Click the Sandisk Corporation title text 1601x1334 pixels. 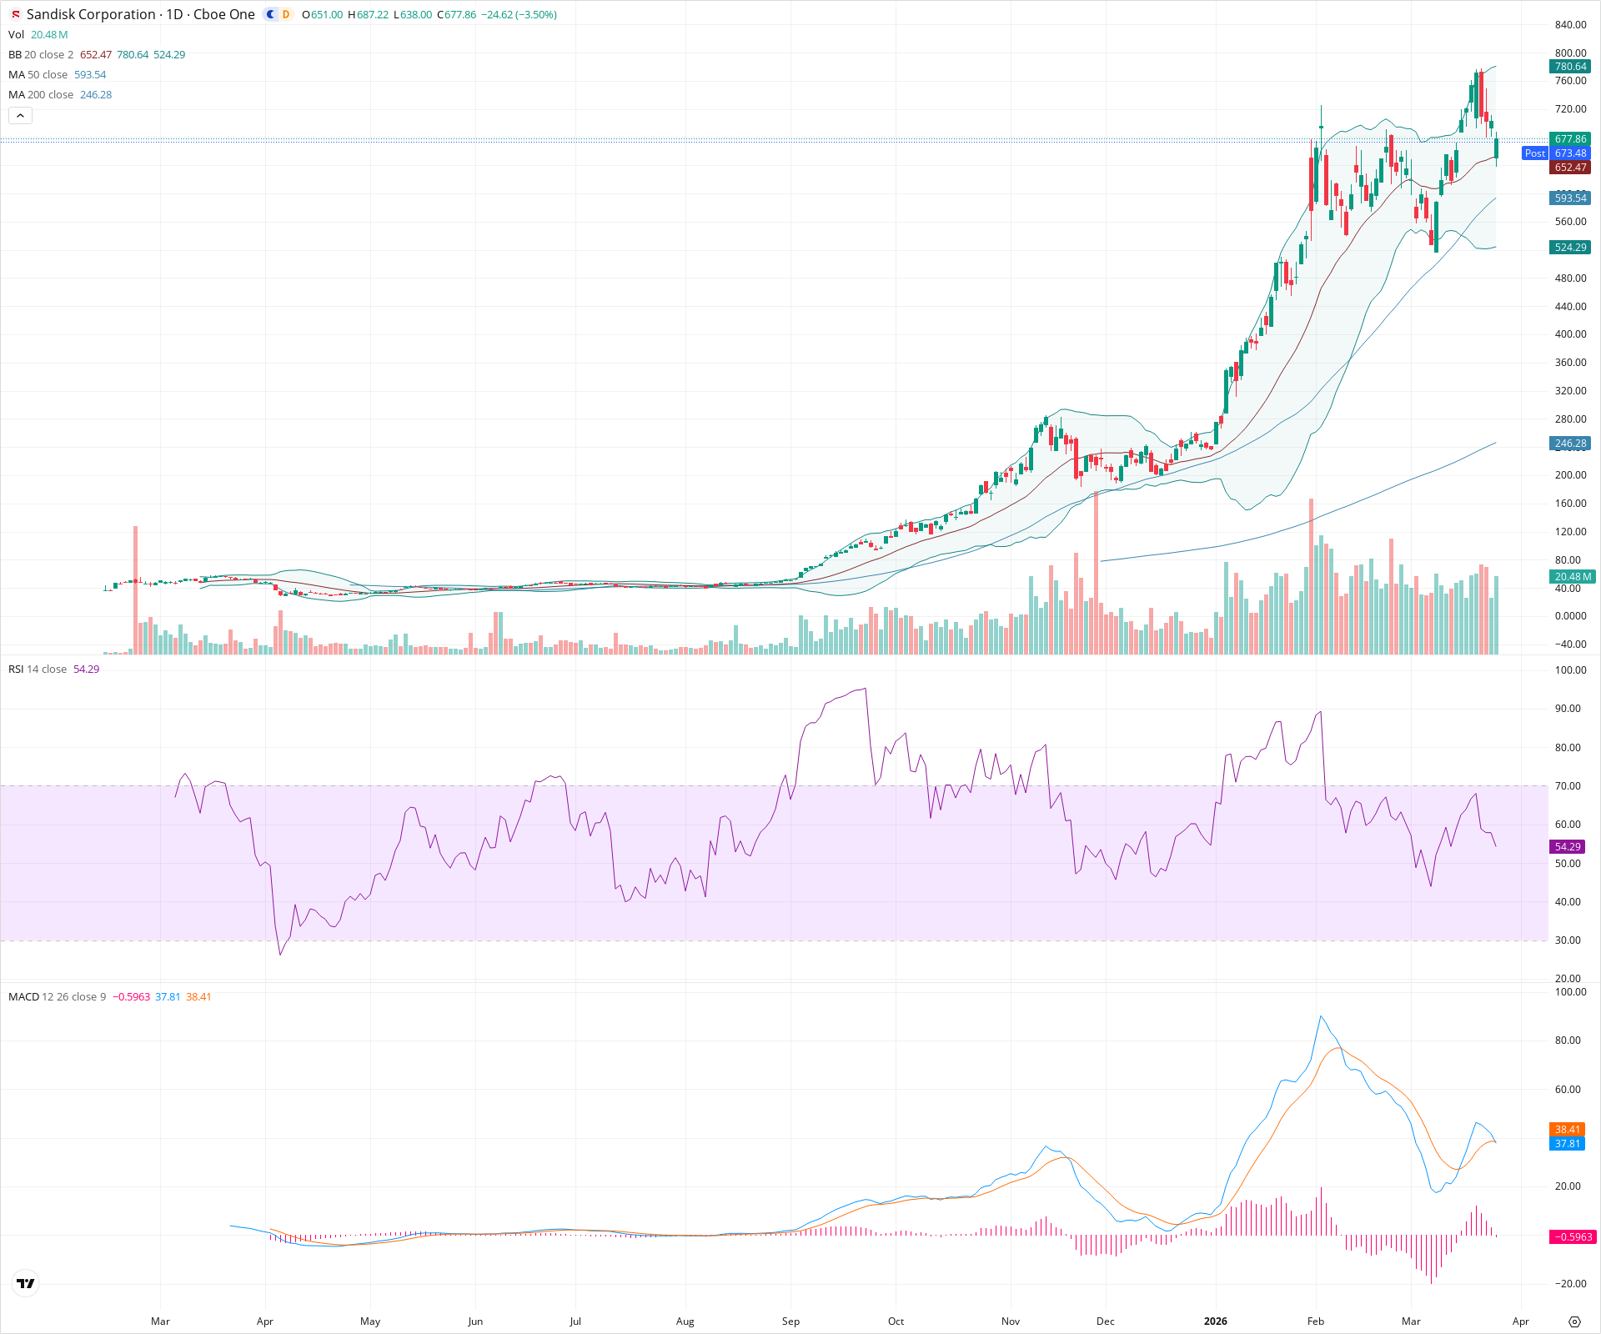tap(91, 14)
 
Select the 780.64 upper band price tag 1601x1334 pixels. tap(1570, 67)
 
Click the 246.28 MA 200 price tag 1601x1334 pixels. tap(1570, 444)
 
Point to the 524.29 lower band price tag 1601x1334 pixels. tap(1570, 248)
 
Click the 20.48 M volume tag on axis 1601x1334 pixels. tap(1572, 577)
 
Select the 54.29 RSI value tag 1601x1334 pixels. tap(1568, 847)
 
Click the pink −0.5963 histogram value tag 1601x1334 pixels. tap(1572, 1237)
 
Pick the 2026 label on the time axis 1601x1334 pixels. tap(1215, 1321)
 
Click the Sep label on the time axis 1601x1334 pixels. tap(790, 1321)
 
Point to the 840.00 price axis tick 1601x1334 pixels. tap(1570, 25)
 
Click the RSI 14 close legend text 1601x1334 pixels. tap(38, 670)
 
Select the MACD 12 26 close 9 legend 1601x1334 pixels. tap(57, 997)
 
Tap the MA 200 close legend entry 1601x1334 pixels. tap(41, 95)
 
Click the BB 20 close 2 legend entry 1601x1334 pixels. tap(41, 55)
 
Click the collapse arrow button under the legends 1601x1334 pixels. tap(20, 116)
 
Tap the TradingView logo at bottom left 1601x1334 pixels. tap(26, 1283)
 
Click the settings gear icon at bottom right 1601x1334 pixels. tap(1574, 1321)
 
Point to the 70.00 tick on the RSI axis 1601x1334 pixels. tap(1568, 786)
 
